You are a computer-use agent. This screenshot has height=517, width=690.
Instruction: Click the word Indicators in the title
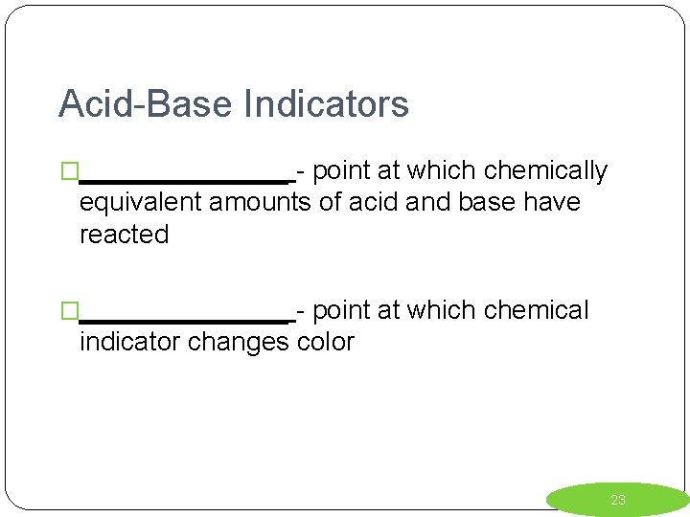[x=327, y=103]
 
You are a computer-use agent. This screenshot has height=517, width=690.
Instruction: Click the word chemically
[x=545, y=171]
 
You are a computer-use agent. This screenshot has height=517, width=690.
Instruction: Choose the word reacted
[x=124, y=235]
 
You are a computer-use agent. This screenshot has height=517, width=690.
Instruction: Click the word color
[x=326, y=342]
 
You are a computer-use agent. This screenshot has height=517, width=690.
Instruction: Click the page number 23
[x=618, y=500]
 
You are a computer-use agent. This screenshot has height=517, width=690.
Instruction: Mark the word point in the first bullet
[x=342, y=171]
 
